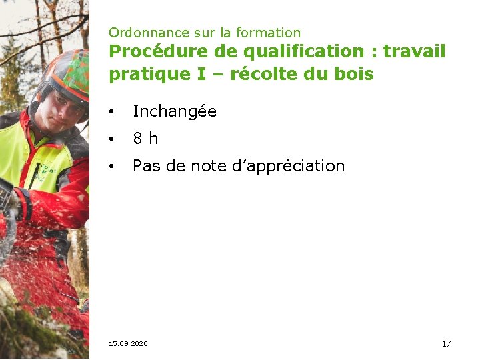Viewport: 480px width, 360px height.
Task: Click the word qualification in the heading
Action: [274, 51]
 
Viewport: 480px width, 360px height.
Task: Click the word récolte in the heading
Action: [264, 74]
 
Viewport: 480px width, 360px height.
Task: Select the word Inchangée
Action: [175, 111]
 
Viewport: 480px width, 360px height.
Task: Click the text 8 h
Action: [145, 139]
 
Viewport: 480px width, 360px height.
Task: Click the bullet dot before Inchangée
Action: [114, 112]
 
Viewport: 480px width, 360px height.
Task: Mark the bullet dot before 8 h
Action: [114, 139]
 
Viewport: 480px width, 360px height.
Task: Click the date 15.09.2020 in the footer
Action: [128, 343]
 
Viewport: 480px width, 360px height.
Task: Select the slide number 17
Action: [446, 343]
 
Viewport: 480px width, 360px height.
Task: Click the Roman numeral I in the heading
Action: [201, 74]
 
